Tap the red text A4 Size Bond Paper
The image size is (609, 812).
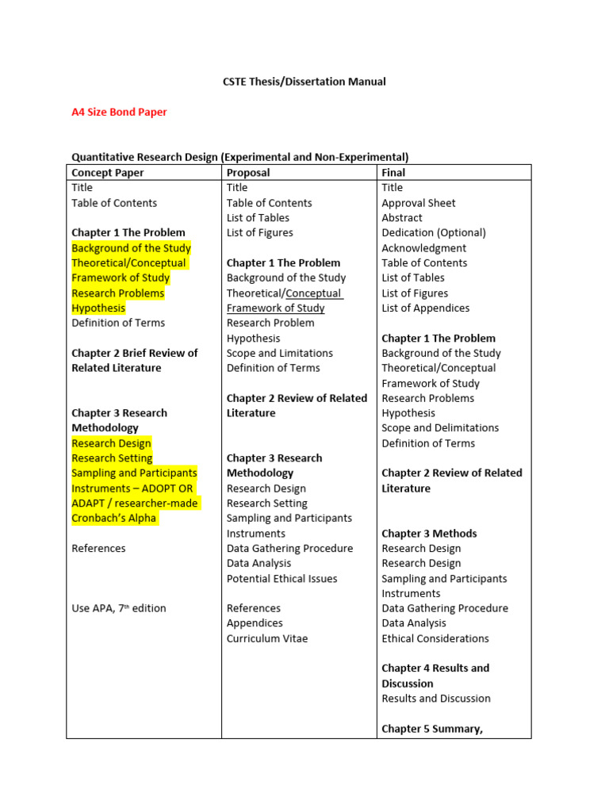(x=119, y=112)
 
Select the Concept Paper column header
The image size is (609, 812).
(x=108, y=172)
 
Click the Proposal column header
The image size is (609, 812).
(x=248, y=172)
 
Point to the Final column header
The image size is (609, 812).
(x=393, y=172)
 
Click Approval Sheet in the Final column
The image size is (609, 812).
(x=419, y=203)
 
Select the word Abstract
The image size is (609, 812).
(x=402, y=218)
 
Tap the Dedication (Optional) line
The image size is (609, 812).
(x=434, y=233)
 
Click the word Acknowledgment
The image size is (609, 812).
(x=423, y=248)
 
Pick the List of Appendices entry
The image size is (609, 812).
(x=425, y=308)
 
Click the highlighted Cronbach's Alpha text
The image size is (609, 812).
(x=114, y=519)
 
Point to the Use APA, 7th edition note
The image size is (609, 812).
(x=119, y=608)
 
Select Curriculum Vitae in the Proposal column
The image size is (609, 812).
(x=267, y=638)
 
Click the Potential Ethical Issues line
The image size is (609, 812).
(x=282, y=579)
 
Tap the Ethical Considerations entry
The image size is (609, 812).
(x=435, y=638)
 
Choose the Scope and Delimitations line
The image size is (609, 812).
(x=440, y=428)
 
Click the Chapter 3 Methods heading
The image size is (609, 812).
(x=429, y=534)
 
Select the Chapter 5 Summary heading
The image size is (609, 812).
(x=432, y=729)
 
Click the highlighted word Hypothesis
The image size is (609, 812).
(x=98, y=308)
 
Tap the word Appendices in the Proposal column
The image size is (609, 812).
(x=255, y=623)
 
